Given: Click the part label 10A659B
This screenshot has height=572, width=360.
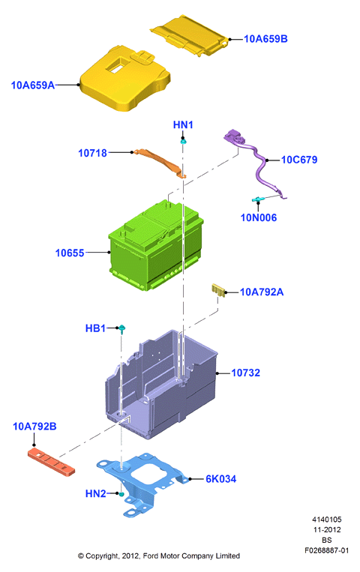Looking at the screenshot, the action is coord(265,39).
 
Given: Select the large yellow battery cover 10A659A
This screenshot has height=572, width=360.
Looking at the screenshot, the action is coord(124,79).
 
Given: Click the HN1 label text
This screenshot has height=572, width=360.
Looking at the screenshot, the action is coord(183,124).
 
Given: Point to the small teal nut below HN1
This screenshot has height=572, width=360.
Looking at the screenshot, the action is coord(184,141).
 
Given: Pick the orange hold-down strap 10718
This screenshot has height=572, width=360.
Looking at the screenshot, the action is coord(160,163).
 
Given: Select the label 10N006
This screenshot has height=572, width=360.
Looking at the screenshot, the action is coord(259,218).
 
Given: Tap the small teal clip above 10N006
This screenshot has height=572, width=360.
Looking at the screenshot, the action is coord(258,199).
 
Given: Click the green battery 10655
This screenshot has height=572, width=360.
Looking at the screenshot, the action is coord(155,245).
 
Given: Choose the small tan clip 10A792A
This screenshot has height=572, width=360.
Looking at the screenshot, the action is coord(218,290).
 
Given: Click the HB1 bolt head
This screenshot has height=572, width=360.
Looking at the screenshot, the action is coord(122,328).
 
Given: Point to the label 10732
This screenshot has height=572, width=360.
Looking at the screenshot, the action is coord(246,373).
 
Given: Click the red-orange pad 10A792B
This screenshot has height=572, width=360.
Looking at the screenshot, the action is coord(51,462).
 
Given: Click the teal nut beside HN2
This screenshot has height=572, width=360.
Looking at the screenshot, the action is coord(121,494).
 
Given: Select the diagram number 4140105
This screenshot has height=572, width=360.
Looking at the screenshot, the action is coord(327,520).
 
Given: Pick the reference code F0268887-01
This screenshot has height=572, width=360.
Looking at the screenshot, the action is coord(327,550).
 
